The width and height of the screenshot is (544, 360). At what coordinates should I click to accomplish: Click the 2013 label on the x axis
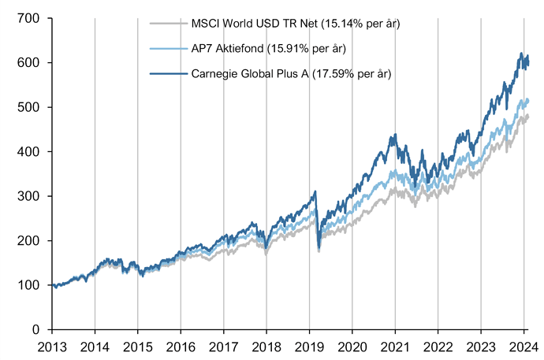(x=52, y=346)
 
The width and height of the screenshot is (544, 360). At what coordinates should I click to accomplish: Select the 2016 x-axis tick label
(x=181, y=346)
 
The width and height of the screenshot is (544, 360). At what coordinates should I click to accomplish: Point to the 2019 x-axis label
(x=310, y=346)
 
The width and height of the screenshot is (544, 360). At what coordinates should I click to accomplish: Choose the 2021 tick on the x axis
(x=396, y=346)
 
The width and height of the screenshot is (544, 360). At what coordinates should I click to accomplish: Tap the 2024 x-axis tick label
(x=524, y=346)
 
